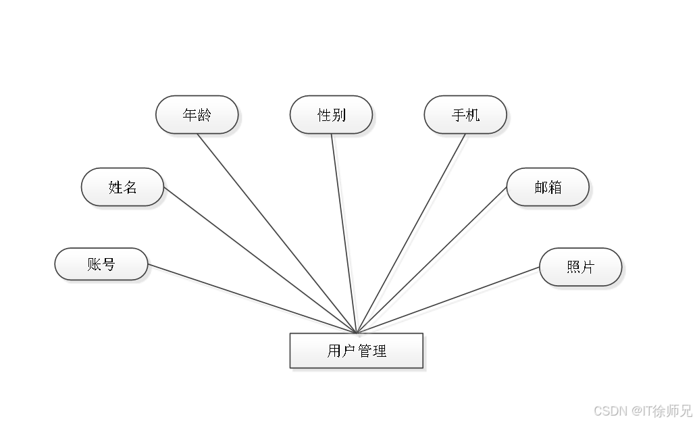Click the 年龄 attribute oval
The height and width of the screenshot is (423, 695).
tap(197, 115)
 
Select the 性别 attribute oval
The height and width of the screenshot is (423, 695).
tap(331, 115)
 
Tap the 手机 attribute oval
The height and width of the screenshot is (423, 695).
tap(465, 115)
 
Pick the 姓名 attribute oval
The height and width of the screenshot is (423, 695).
tap(122, 187)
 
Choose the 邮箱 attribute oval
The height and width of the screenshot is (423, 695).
tap(548, 187)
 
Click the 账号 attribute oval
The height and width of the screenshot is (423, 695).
tap(101, 264)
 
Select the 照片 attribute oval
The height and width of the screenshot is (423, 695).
tap(580, 267)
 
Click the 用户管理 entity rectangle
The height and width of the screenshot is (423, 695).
tap(357, 351)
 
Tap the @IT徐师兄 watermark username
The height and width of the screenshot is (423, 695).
tap(661, 410)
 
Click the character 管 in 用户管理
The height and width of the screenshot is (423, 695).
tap(365, 351)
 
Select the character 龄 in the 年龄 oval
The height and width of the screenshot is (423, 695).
tap(204, 115)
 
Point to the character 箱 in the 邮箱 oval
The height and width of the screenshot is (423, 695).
tap(555, 187)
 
